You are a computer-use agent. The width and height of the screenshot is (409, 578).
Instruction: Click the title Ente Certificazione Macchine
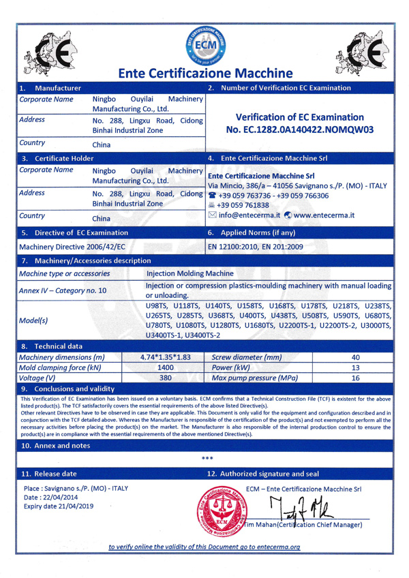pos(205,73)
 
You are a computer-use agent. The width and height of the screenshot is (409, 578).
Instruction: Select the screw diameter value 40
pos(354,356)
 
